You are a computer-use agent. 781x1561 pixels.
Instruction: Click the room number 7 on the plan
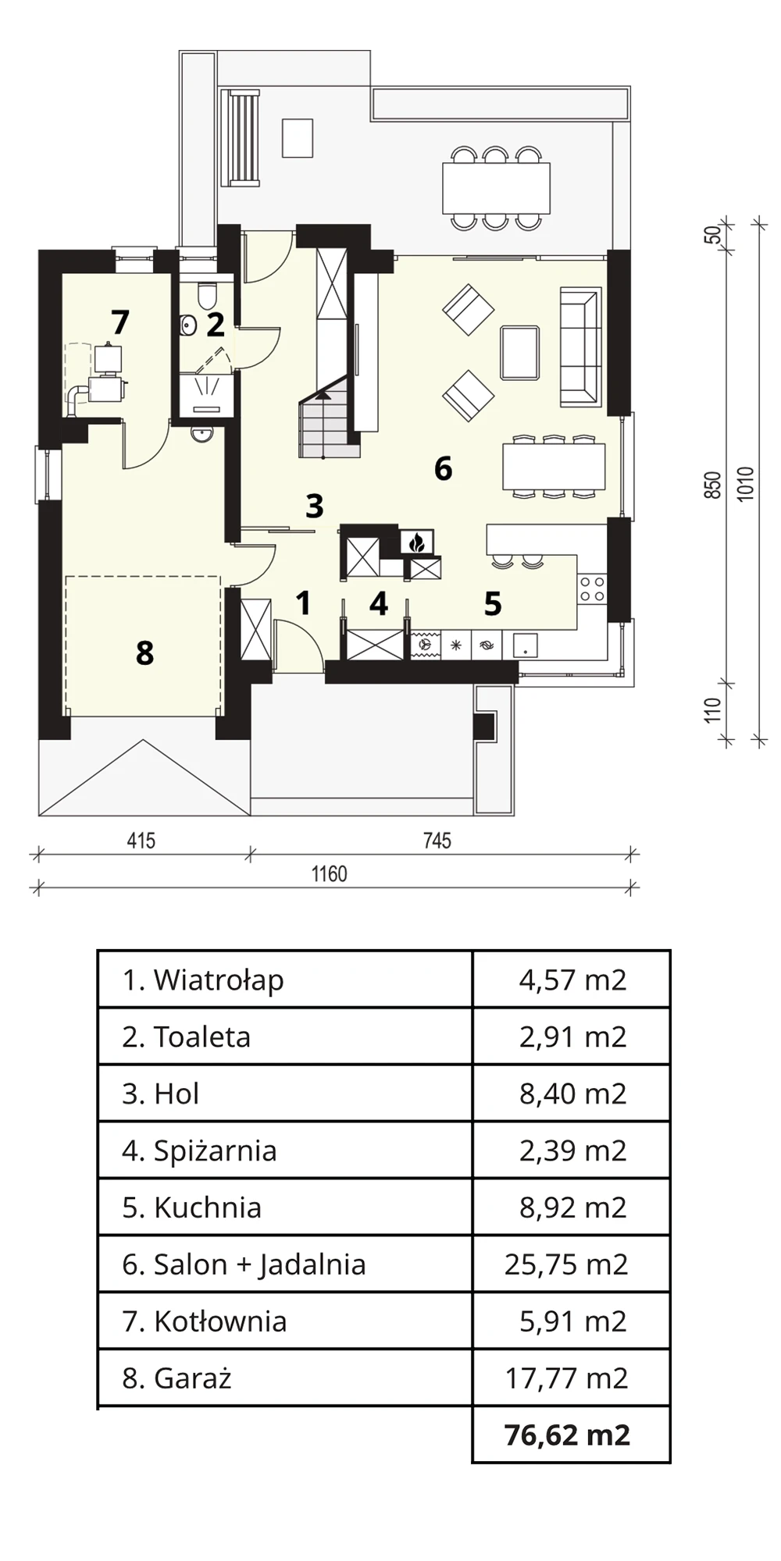pyautogui.click(x=119, y=322)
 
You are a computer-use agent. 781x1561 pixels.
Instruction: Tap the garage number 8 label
pyautogui.click(x=144, y=652)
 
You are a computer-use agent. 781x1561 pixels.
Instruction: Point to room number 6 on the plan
pyautogui.click(x=443, y=468)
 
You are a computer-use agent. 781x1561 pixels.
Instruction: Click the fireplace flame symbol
pyautogui.click(x=416, y=542)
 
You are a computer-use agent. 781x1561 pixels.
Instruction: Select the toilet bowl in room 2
pyautogui.click(x=207, y=296)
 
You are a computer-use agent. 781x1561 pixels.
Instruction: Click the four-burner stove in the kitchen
pyautogui.click(x=593, y=588)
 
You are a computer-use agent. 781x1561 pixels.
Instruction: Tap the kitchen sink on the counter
pyautogui.click(x=525, y=645)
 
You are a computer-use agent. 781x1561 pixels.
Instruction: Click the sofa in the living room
pyautogui.click(x=580, y=347)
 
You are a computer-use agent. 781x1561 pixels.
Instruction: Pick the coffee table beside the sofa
pyautogui.click(x=520, y=353)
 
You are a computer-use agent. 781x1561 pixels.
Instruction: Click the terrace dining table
pyautogui.click(x=496, y=187)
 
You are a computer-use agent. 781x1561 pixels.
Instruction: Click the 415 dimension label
pyautogui.click(x=141, y=841)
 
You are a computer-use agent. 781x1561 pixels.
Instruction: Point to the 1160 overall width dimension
pyautogui.click(x=330, y=873)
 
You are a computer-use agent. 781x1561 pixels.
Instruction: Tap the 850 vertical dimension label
pyautogui.click(x=712, y=486)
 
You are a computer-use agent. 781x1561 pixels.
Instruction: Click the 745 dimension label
pyautogui.click(x=437, y=841)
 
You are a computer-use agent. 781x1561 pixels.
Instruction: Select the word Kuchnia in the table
pyautogui.click(x=208, y=1207)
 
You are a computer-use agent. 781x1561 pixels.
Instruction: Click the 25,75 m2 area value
pyautogui.click(x=566, y=1264)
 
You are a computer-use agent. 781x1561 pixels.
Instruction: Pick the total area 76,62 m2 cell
pyautogui.click(x=568, y=1435)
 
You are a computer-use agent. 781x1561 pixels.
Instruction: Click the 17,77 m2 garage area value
pyautogui.click(x=566, y=1378)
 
